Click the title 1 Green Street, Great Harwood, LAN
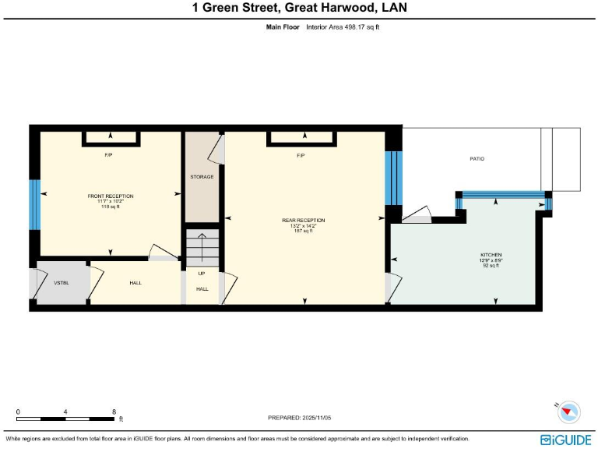(299, 9)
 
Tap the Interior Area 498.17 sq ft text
(343, 27)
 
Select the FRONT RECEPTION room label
(110, 196)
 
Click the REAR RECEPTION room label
(303, 221)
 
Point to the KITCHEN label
(491, 255)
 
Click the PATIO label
(477, 159)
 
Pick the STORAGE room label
(202, 177)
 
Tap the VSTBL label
(62, 282)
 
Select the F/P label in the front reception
(109, 155)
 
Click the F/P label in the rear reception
(301, 155)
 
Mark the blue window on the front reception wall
(34, 205)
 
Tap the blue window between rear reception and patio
(393, 177)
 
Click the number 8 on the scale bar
(114, 412)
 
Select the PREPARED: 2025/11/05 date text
(300, 418)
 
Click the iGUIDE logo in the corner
(567, 440)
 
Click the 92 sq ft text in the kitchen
(491, 266)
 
